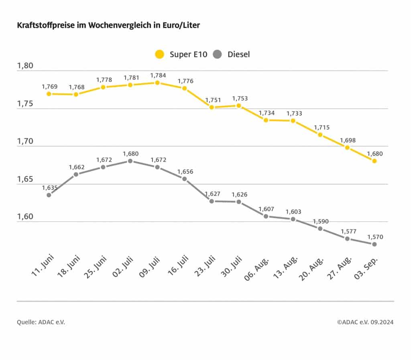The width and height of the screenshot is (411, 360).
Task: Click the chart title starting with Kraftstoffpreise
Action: (x=108, y=25)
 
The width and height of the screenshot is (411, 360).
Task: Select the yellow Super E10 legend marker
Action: (x=160, y=54)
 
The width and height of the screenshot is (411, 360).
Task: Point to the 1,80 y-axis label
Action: (x=25, y=66)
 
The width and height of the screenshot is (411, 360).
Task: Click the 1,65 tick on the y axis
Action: (x=25, y=179)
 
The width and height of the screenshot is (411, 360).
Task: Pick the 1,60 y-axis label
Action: (x=25, y=217)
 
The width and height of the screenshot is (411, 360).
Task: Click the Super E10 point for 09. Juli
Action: (x=157, y=83)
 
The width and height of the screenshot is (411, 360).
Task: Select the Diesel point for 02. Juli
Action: (x=130, y=161)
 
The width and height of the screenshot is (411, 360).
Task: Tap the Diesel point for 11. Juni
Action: (x=49, y=195)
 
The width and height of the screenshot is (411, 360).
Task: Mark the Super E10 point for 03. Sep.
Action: (x=374, y=161)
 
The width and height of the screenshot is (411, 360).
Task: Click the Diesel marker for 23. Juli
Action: (x=212, y=201)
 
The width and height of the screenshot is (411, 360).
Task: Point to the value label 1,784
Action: (x=158, y=75)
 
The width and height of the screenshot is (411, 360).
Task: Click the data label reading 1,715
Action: (x=320, y=127)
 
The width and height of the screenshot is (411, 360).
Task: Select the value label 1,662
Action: (x=76, y=167)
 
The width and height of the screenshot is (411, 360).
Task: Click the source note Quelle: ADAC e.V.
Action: (x=41, y=322)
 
